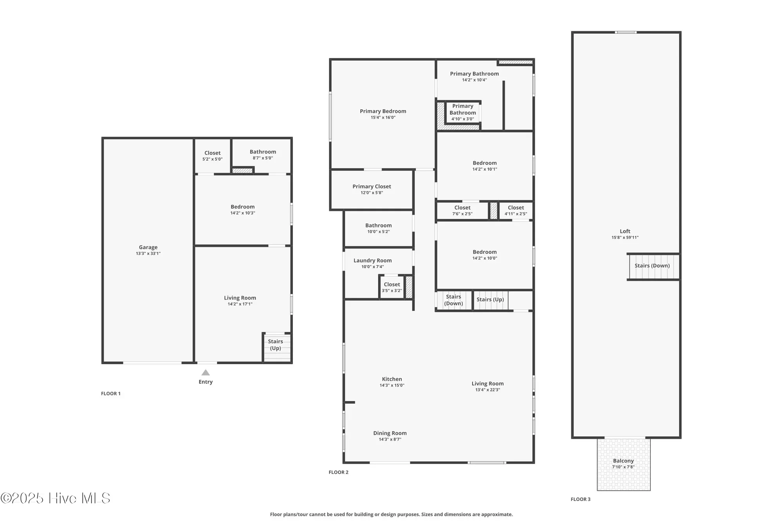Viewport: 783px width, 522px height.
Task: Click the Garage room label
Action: coord(148,247)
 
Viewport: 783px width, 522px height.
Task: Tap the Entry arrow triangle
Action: coord(206,372)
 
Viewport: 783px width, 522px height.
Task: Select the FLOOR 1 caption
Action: coord(111,394)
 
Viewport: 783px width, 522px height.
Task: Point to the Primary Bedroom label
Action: coord(383,111)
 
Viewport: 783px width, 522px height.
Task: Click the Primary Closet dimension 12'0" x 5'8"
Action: coord(372,193)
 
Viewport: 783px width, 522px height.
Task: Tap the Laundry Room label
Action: coord(372,260)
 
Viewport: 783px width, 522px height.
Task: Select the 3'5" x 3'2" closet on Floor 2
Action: coord(392,287)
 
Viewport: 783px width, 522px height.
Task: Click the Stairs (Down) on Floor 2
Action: coord(454,300)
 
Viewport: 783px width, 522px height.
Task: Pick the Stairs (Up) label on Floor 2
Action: coord(490,300)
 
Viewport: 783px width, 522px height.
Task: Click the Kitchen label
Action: coord(392,379)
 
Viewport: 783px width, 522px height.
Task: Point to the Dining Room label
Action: coord(390,433)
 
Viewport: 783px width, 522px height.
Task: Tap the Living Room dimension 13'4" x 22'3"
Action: coord(487,390)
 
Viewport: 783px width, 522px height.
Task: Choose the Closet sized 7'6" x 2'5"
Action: coord(462,211)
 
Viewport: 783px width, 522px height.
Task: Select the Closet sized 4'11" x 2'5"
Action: coord(516,211)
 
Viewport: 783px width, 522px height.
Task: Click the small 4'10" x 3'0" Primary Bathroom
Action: coord(463,112)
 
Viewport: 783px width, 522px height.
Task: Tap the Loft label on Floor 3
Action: coord(625,231)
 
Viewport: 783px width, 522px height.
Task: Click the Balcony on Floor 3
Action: coord(624,464)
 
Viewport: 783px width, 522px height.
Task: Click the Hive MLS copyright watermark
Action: coord(55,498)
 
